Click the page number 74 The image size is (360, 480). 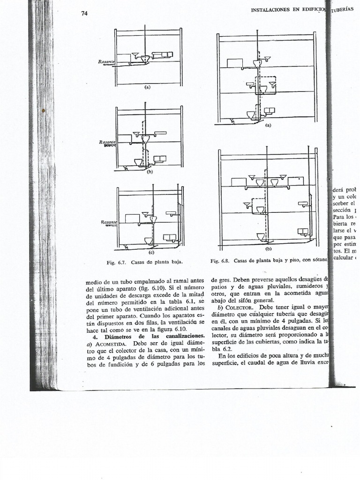point(85,14)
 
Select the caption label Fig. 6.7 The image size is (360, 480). point(116,262)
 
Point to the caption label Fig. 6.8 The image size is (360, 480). point(219,261)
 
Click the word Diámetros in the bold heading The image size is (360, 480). point(118,337)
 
